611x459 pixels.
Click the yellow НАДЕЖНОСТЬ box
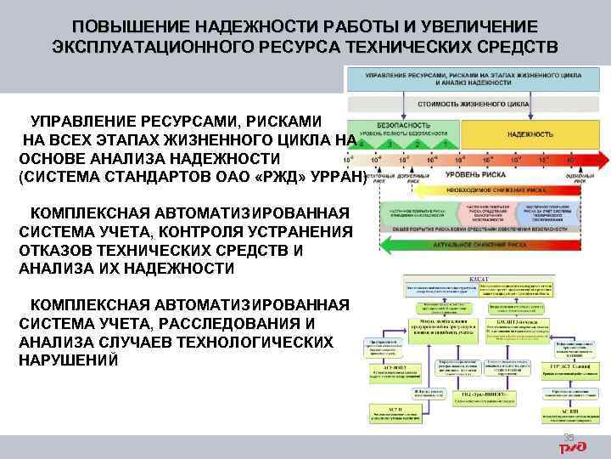click(530, 134)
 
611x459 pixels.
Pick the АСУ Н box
click(391, 413)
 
